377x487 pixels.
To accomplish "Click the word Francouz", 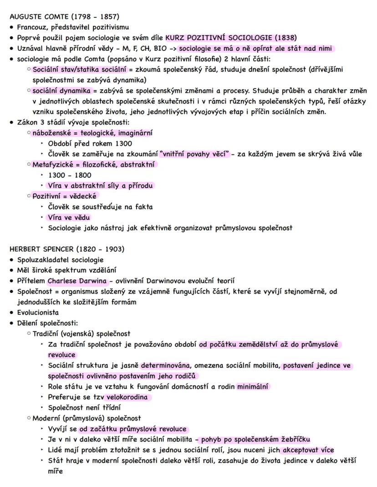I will coord(32,27).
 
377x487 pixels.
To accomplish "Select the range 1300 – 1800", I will coord(69,175).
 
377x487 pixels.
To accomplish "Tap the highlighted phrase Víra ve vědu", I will coord(69,217).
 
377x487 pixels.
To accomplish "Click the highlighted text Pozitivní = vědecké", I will coord(65,196).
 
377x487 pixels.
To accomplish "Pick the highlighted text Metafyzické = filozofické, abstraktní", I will coord(94,165).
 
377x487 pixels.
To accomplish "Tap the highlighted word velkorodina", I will coord(125,397).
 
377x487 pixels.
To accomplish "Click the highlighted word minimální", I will coord(253,387).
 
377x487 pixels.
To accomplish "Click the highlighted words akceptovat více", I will coord(308,450).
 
